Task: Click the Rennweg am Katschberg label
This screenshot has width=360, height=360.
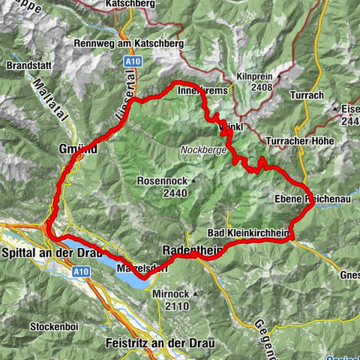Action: (130, 43)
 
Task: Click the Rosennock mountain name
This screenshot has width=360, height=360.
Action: (161, 181)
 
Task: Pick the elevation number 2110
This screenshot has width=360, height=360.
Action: (174, 306)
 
